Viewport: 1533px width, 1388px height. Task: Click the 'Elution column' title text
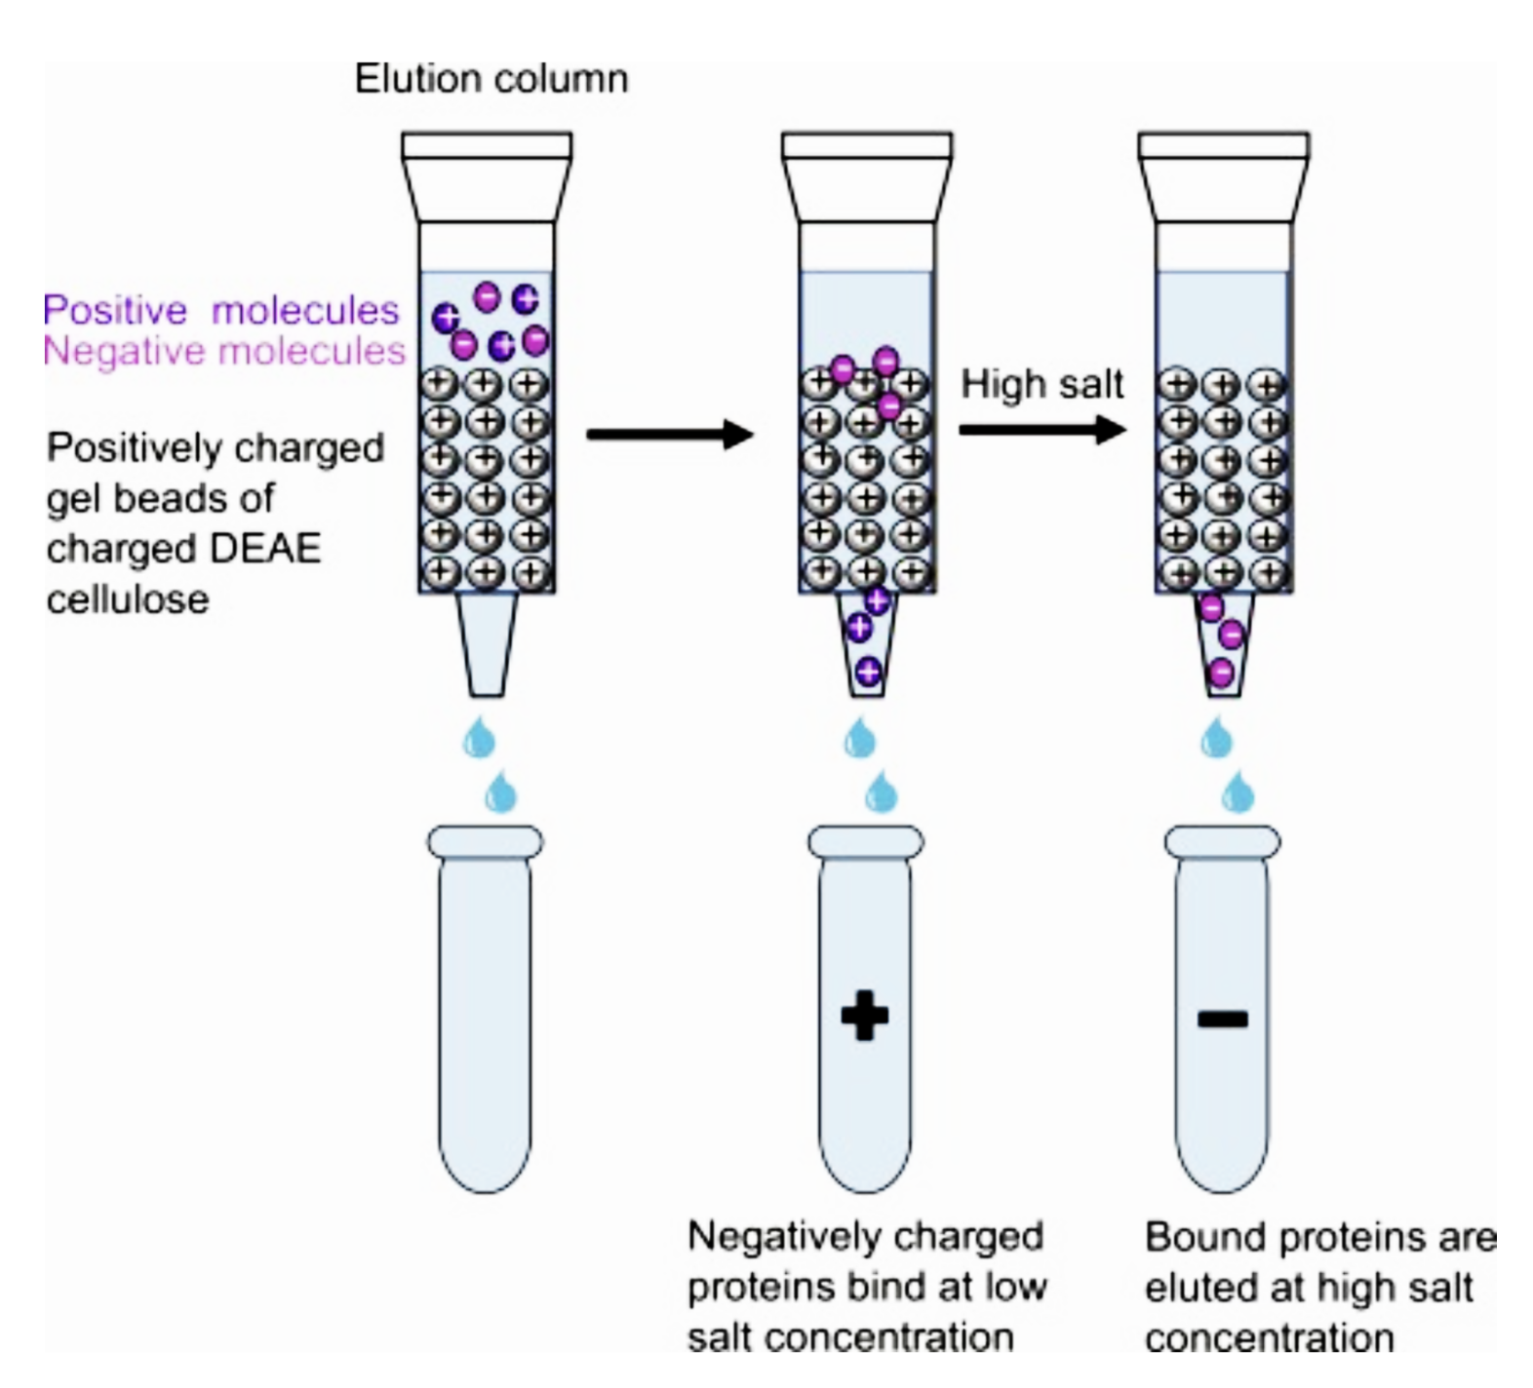click(491, 79)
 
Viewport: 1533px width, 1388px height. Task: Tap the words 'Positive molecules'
click(221, 310)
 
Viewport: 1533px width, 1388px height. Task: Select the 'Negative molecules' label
click(224, 350)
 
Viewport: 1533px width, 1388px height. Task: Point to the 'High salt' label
click(1042, 384)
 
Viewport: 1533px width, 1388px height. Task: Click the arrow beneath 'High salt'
click(1042, 429)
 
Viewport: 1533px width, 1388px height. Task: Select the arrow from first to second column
click(670, 434)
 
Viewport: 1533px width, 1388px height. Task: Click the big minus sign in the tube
click(1222, 1020)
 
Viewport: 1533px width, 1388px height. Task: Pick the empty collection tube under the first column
click(486, 1014)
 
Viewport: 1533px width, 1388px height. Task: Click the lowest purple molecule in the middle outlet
click(868, 672)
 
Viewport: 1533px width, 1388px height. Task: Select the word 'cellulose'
click(128, 598)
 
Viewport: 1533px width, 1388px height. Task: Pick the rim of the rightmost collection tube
click(1223, 841)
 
